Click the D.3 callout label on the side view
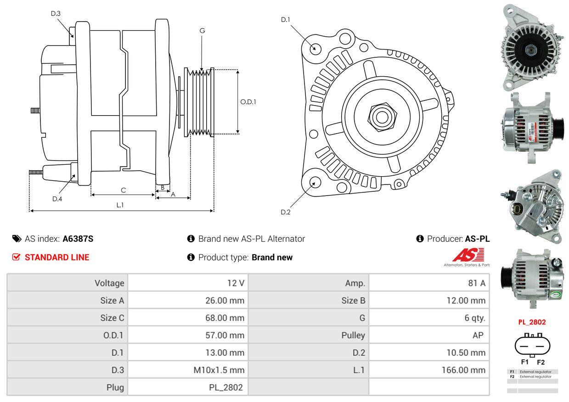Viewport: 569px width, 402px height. (56, 13)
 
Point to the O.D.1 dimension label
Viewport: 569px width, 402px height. (248, 102)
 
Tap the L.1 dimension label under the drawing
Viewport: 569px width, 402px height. (120, 205)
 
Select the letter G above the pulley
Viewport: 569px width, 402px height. (202, 31)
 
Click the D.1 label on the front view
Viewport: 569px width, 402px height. (286, 19)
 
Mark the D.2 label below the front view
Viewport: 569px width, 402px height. (286, 212)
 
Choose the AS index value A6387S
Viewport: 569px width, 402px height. (78, 239)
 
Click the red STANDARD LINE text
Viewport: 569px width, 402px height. (57, 257)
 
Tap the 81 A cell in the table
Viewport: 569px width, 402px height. (476, 283)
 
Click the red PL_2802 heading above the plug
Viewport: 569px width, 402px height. (532, 322)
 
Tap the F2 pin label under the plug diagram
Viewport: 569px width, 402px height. (541, 362)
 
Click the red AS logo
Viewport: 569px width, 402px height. (468, 255)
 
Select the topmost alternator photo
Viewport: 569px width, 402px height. (532, 46)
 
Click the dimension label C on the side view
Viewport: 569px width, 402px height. (123, 190)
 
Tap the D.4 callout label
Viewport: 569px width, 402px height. (57, 199)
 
